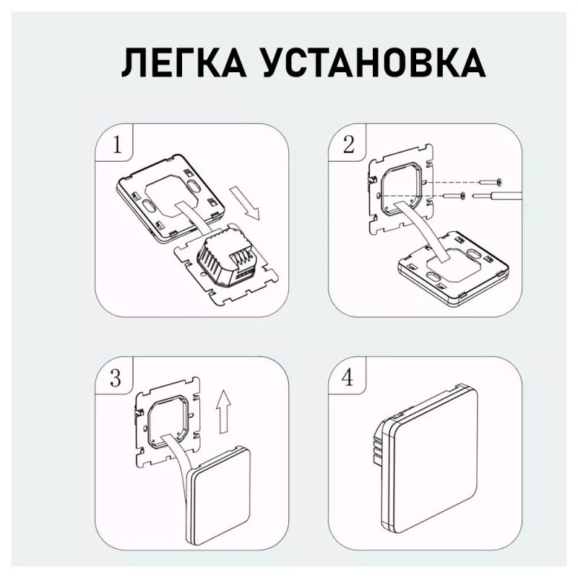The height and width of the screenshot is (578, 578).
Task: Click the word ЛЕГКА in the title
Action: pyautogui.click(x=184, y=63)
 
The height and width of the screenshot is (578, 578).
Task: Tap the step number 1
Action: pyautogui.click(x=117, y=145)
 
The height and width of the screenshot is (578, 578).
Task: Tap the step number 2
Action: pyautogui.click(x=348, y=145)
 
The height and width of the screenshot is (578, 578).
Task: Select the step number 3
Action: pyautogui.click(x=116, y=378)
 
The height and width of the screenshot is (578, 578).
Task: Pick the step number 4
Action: pyautogui.click(x=348, y=378)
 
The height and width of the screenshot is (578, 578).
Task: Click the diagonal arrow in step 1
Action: pyautogui.click(x=245, y=204)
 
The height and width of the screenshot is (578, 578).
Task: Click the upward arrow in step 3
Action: pyautogui.click(x=223, y=412)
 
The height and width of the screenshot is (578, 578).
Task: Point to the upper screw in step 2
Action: pyautogui.click(x=490, y=182)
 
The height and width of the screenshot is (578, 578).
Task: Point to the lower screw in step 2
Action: pyautogui.click(x=454, y=196)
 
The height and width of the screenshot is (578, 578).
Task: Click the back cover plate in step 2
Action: pyautogui.click(x=454, y=270)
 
